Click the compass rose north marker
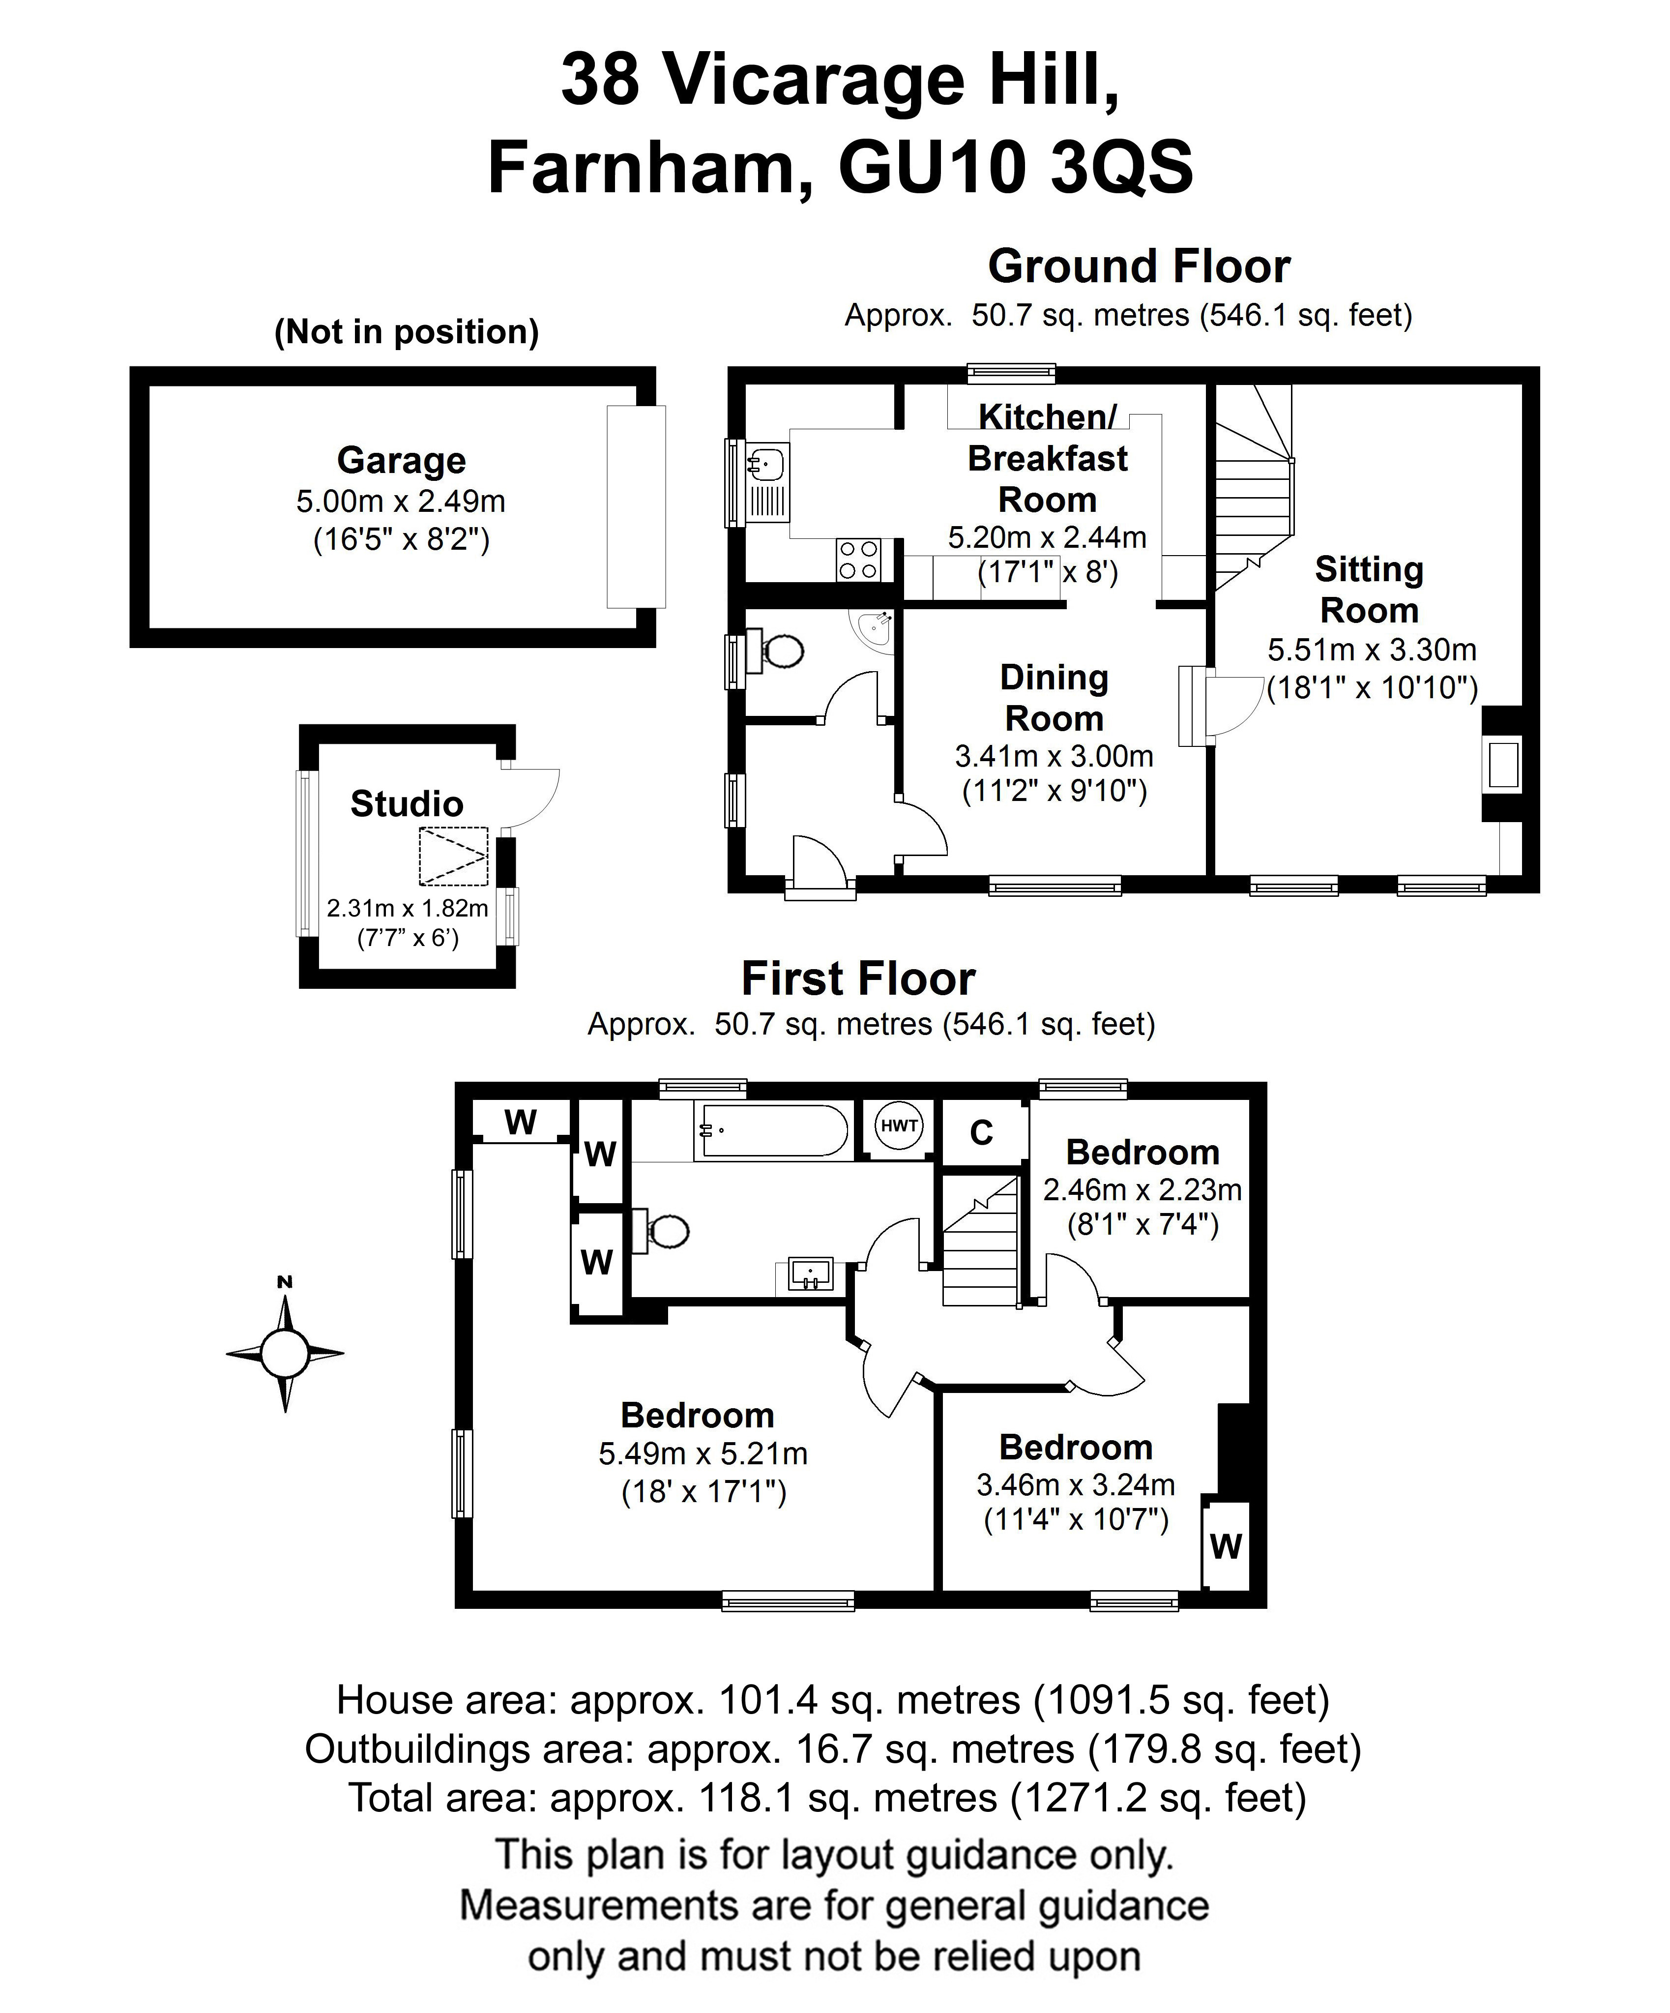[x=285, y=1282]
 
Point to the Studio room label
[x=407, y=803]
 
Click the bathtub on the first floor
[x=772, y=1131]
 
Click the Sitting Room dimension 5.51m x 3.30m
[x=1372, y=650]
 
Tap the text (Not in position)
[x=407, y=332]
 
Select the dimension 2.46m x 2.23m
[x=1142, y=1189]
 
